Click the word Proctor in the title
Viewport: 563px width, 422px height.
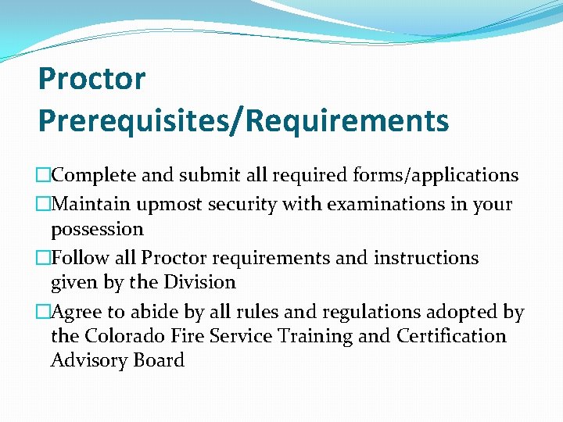(x=91, y=79)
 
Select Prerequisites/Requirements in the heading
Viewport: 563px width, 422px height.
(x=243, y=121)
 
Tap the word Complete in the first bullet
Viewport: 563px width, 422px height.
(x=95, y=175)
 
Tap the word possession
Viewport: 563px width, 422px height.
(x=97, y=230)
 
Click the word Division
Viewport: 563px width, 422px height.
(x=200, y=282)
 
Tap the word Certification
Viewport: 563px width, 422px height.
(x=451, y=336)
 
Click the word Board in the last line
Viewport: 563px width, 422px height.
(x=159, y=360)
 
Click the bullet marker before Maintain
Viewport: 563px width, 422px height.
(x=44, y=205)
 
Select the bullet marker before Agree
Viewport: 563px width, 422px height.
(x=44, y=313)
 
